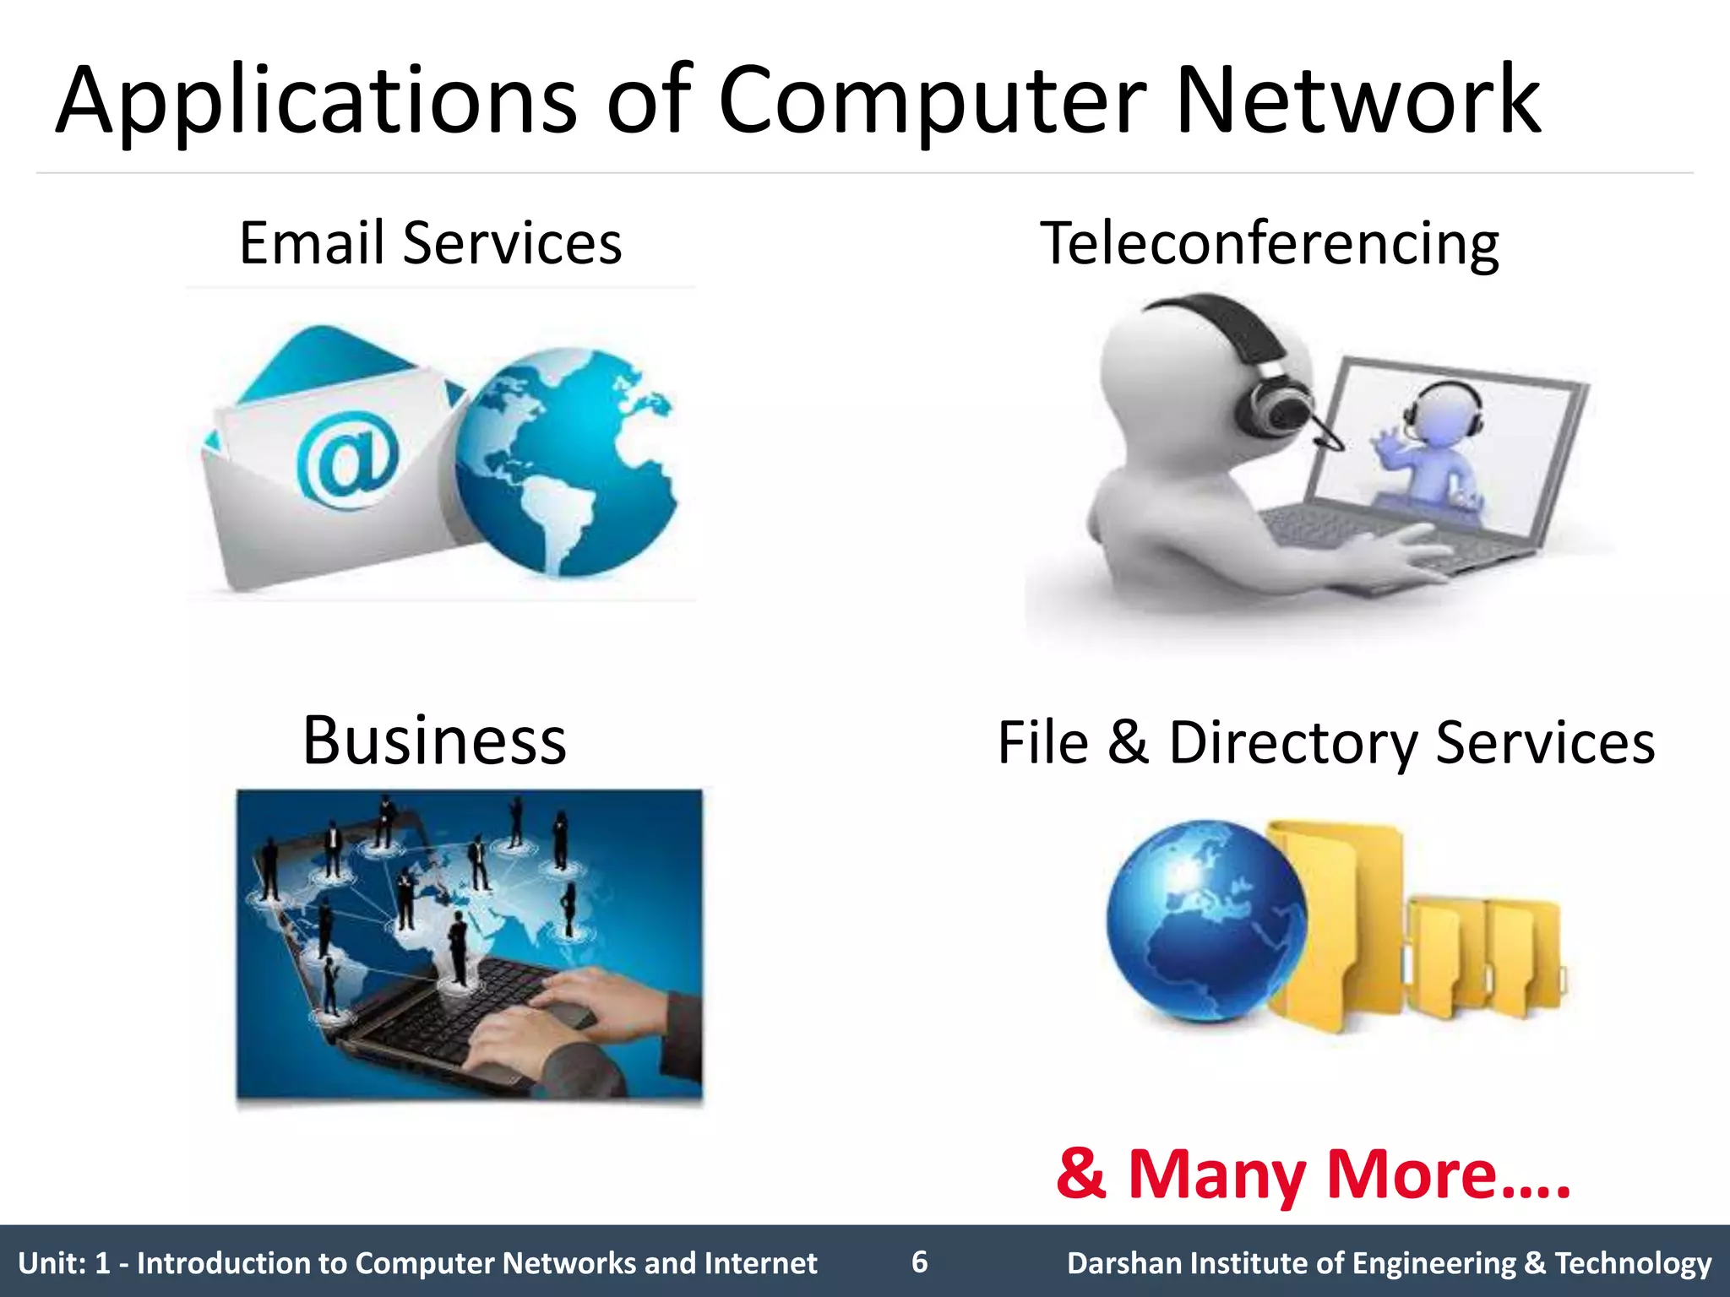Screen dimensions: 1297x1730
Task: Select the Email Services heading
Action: (430, 243)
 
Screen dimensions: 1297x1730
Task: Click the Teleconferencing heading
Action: (1269, 243)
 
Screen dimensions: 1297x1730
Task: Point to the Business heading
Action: (434, 741)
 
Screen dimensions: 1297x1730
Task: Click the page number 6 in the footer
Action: (919, 1262)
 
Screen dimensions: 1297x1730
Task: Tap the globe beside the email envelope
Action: (566, 463)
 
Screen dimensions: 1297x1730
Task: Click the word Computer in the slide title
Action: (932, 103)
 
